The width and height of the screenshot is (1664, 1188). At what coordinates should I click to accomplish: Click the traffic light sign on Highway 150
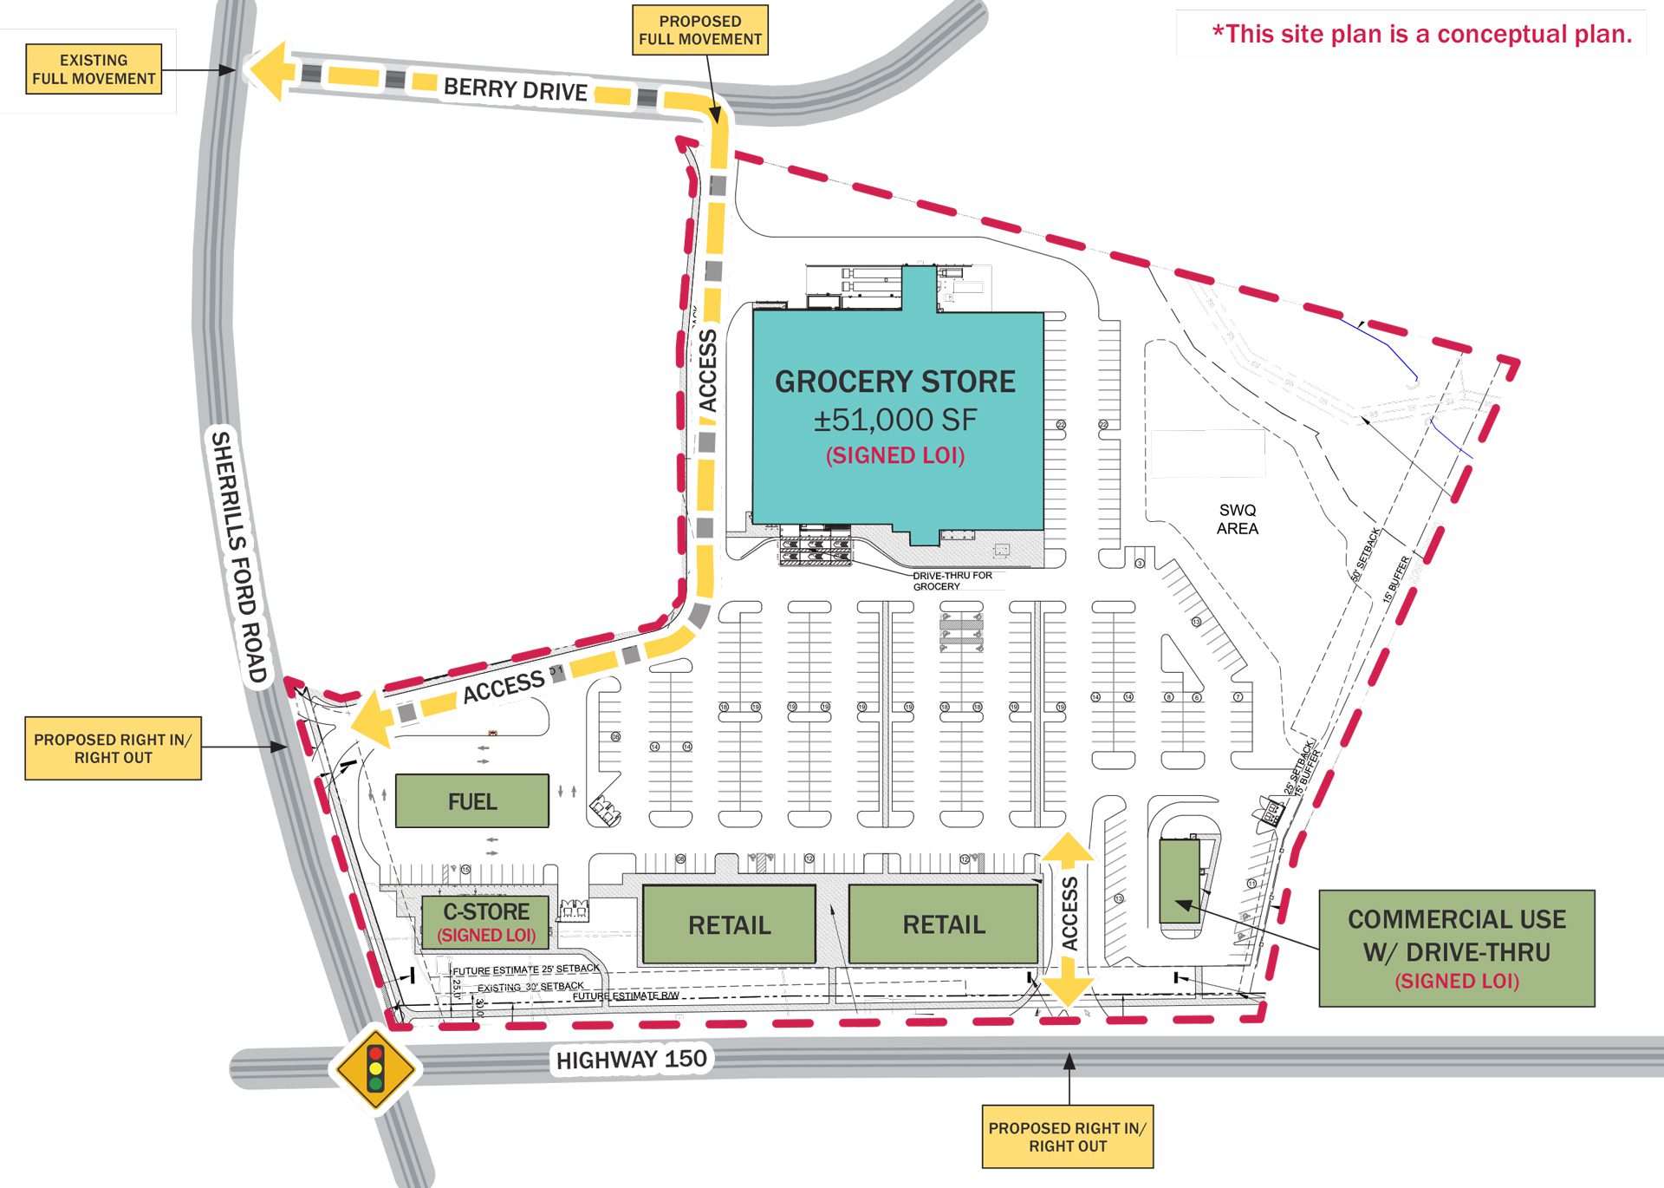[x=375, y=1068]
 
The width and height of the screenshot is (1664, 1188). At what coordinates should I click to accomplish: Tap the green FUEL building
[x=472, y=800]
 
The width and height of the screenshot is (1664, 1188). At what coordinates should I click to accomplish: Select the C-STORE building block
[x=486, y=922]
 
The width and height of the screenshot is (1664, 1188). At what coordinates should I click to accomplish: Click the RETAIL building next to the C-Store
[x=729, y=924]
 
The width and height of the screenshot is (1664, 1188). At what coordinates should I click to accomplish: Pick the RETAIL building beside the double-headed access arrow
[x=944, y=924]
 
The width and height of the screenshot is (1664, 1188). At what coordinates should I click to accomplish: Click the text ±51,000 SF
[x=894, y=420]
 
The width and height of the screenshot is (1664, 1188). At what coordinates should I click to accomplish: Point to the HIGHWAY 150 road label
[x=631, y=1060]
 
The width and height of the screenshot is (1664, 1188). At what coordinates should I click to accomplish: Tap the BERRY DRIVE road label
[x=516, y=88]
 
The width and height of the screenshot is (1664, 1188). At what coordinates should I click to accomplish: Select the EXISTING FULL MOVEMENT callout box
[x=94, y=69]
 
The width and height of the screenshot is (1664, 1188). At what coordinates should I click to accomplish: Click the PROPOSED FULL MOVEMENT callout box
[x=699, y=30]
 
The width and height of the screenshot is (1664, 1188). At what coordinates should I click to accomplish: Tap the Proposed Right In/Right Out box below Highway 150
[x=1067, y=1136]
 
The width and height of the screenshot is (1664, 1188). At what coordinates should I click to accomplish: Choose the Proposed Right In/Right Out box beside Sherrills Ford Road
[x=113, y=747]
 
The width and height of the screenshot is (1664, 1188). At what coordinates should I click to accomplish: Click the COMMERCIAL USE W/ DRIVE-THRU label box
[x=1456, y=948]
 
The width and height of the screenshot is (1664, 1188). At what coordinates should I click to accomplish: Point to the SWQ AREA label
[x=1237, y=519]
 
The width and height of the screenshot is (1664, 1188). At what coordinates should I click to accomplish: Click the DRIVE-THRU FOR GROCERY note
[x=952, y=581]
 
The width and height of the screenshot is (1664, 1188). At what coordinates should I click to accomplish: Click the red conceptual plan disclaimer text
[x=1421, y=35]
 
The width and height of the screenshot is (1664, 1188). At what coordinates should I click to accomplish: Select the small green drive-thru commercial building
[x=1180, y=880]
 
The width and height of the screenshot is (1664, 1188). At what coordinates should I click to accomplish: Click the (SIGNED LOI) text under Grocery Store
[x=894, y=456]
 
